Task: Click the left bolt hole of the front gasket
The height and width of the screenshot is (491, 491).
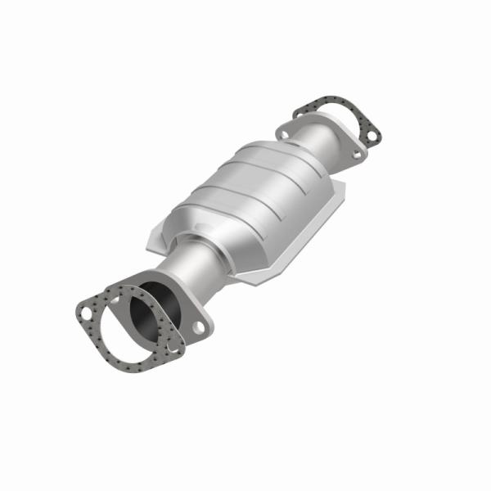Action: tap(85, 312)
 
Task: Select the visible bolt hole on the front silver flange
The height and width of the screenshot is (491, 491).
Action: tap(199, 327)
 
